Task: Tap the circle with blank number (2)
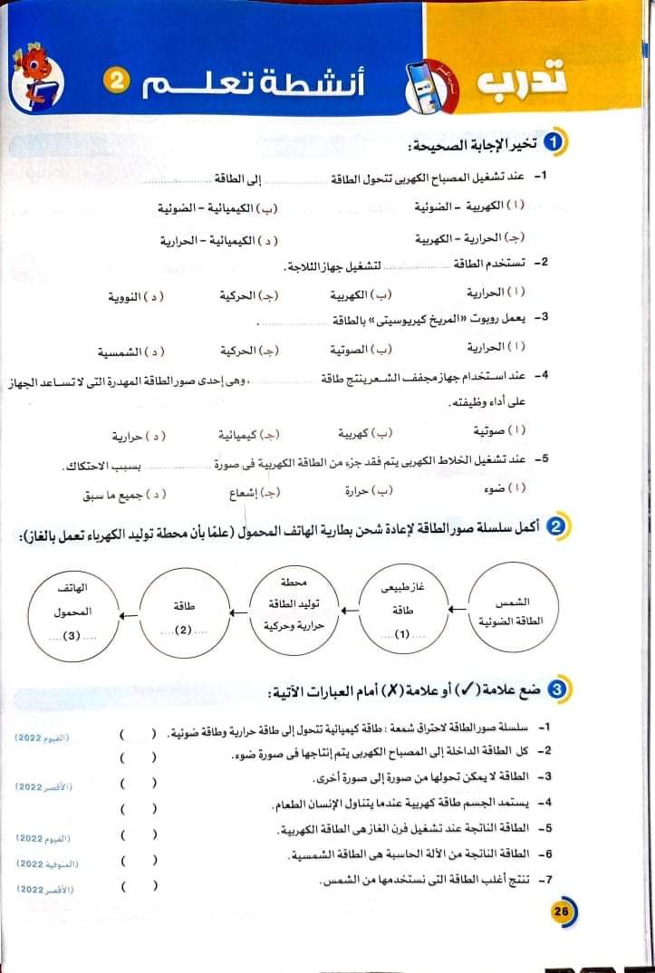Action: [x=185, y=612]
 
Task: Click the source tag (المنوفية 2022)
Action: [x=49, y=866]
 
